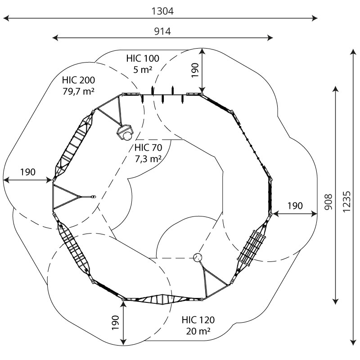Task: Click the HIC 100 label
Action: coord(143,58)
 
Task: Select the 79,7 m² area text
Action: coord(79,91)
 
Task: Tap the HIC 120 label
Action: coord(198,320)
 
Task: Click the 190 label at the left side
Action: coord(27,172)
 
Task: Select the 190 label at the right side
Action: coord(295,206)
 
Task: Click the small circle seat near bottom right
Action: coord(198,258)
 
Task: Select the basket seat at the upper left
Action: coord(125,133)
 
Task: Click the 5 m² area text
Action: coord(143,69)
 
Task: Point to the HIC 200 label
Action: coord(79,81)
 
